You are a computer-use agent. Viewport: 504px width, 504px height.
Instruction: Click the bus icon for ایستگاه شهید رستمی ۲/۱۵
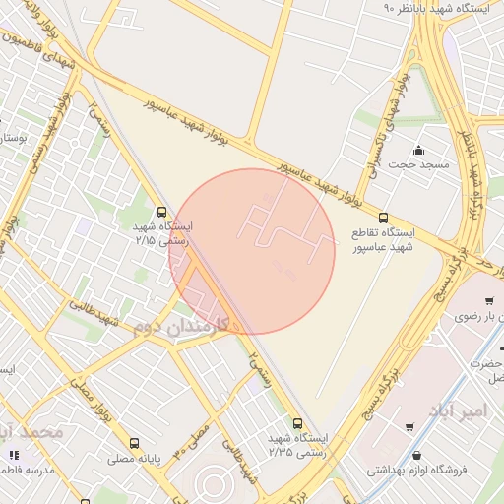point(161,211)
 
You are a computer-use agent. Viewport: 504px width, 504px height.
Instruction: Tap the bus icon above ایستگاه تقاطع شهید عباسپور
point(383,219)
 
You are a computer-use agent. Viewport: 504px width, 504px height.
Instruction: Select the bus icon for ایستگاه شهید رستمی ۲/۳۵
point(297,424)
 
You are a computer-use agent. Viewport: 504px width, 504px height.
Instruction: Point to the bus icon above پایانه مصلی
point(136,443)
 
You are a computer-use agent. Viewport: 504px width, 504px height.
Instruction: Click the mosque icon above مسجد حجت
point(419,151)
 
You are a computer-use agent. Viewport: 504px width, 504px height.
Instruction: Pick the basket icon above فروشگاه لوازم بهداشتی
point(421,456)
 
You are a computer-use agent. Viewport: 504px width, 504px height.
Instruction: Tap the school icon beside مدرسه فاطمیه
point(13,455)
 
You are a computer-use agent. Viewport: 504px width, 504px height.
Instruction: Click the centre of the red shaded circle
point(252,252)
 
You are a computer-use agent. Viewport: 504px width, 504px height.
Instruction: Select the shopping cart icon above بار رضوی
point(489,301)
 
